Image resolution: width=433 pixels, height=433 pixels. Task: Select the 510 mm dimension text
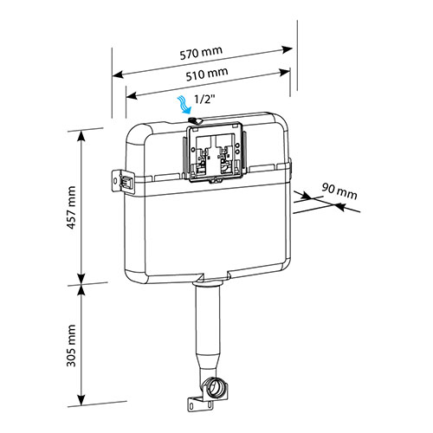click(x=207, y=74)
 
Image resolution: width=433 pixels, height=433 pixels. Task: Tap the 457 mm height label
click(x=71, y=208)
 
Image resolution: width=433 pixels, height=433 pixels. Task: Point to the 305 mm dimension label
click(x=71, y=346)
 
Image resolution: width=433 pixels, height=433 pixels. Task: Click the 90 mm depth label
click(x=339, y=191)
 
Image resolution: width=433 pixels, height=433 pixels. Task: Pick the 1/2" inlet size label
click(x=205, y=100)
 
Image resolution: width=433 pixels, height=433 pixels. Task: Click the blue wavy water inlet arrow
click(x=184, y=106)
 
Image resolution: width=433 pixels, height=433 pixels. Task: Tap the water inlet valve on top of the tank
click(x=195, y=120)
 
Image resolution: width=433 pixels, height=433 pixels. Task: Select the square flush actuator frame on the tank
click(x=215, y=152)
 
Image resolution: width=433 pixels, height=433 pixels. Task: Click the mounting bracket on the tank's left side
click(x=123, y=181)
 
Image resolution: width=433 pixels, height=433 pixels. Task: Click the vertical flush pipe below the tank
click(x=207, y=320)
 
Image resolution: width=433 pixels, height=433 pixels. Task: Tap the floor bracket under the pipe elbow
click(x=200, y=404)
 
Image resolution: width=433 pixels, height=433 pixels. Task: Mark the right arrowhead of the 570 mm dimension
click(x=287, y=49)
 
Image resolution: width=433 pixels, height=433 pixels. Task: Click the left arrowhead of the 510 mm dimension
click(x=132, y=95)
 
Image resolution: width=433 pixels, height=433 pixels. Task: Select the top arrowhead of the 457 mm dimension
click(x=81, y=136)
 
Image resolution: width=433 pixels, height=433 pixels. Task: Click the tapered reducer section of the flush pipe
click(x=207, y=361)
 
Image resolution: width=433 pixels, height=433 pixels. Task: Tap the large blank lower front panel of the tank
click(x=214, y=231)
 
